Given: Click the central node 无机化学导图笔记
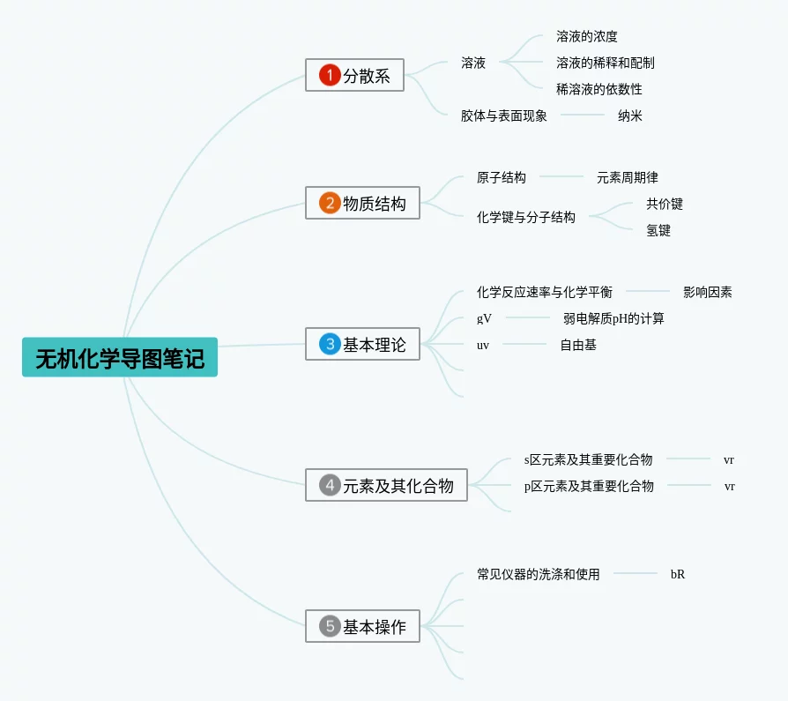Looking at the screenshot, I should (120, 357).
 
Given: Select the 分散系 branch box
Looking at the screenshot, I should (354, 75).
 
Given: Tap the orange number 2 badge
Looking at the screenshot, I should (330, 204).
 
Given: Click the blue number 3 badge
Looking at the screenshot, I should (330, 344).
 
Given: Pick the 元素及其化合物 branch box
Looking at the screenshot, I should (386, 485).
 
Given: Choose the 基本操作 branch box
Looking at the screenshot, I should (362, 626).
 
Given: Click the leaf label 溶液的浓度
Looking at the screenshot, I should (587, 36).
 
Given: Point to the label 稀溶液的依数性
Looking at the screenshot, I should (599, 89).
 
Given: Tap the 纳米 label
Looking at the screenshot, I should (630, 116).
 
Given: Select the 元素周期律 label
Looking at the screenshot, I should (628, 177).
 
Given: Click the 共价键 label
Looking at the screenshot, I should (665, 204).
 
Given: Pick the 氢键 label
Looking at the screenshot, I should (658, 230).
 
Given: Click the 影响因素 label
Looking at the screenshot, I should (708, 292).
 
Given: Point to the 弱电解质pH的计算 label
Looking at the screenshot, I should (613, 318).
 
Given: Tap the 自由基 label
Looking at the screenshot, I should (578, 345).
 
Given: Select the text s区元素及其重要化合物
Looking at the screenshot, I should (589, 459).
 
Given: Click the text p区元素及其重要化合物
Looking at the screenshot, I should (589, 486).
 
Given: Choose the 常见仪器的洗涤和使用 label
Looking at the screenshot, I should (539, 574).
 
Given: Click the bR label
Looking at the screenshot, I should (678, 574).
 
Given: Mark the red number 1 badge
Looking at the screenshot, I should (330, 75).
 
